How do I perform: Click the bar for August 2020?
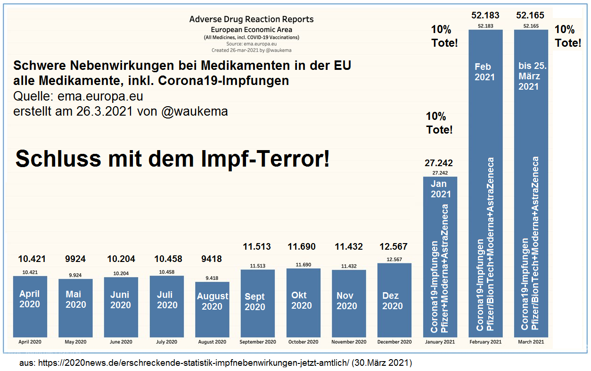212,309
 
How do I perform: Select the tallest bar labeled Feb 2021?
485,184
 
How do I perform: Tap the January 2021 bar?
440,257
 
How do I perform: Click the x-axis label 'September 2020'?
258,342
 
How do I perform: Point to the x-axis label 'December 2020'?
394,342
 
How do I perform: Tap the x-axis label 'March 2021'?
531,342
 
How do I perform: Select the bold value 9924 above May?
76,259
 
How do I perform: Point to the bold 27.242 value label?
438,163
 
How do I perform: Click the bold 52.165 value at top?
530,16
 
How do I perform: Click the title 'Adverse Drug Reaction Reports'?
251,19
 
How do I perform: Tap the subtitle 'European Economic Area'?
251,29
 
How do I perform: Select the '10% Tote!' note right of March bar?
567,36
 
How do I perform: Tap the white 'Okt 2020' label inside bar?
302,300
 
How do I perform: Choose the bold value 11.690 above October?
302,247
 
